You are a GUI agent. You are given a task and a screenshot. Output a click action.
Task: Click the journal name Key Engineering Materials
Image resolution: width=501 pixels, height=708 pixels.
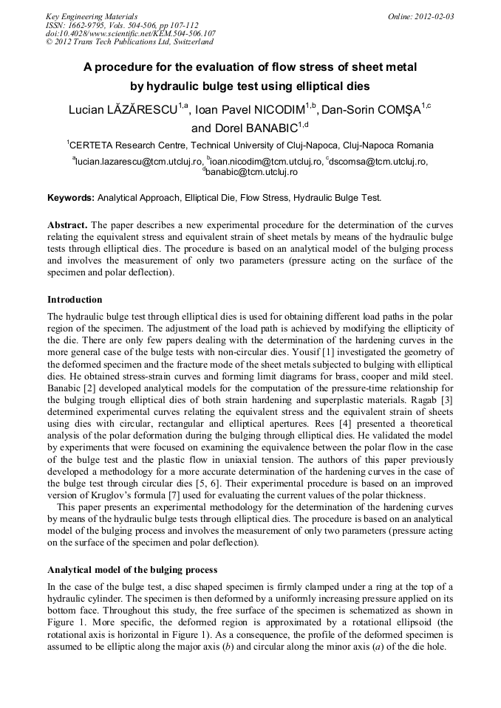click(x=91, y=16)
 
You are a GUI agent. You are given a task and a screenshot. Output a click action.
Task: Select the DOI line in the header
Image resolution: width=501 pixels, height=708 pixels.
click(x=130, y=33)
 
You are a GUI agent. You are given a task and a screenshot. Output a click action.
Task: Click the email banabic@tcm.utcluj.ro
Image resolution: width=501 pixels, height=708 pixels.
click(x=251, y=172)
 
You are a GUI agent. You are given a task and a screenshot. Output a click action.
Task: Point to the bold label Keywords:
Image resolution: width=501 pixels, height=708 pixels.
click(x=71, y=198)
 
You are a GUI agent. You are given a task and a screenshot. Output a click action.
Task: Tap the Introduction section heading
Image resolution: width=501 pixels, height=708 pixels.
click(x=75, y=300)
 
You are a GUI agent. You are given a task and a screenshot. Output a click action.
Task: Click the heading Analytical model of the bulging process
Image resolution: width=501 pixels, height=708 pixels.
click(x=132, y=570)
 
